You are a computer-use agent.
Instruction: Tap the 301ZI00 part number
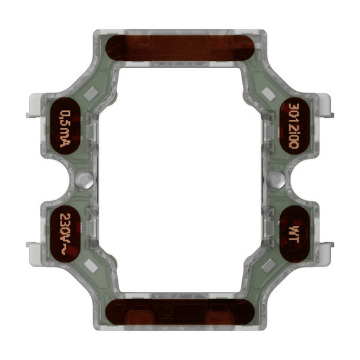coord(295,126)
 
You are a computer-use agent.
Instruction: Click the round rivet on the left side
coord(81,179)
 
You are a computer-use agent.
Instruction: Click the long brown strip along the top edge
coord(180,47)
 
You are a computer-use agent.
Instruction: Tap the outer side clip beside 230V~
coord(33,249)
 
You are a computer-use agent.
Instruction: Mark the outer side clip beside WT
coord(327,249)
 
